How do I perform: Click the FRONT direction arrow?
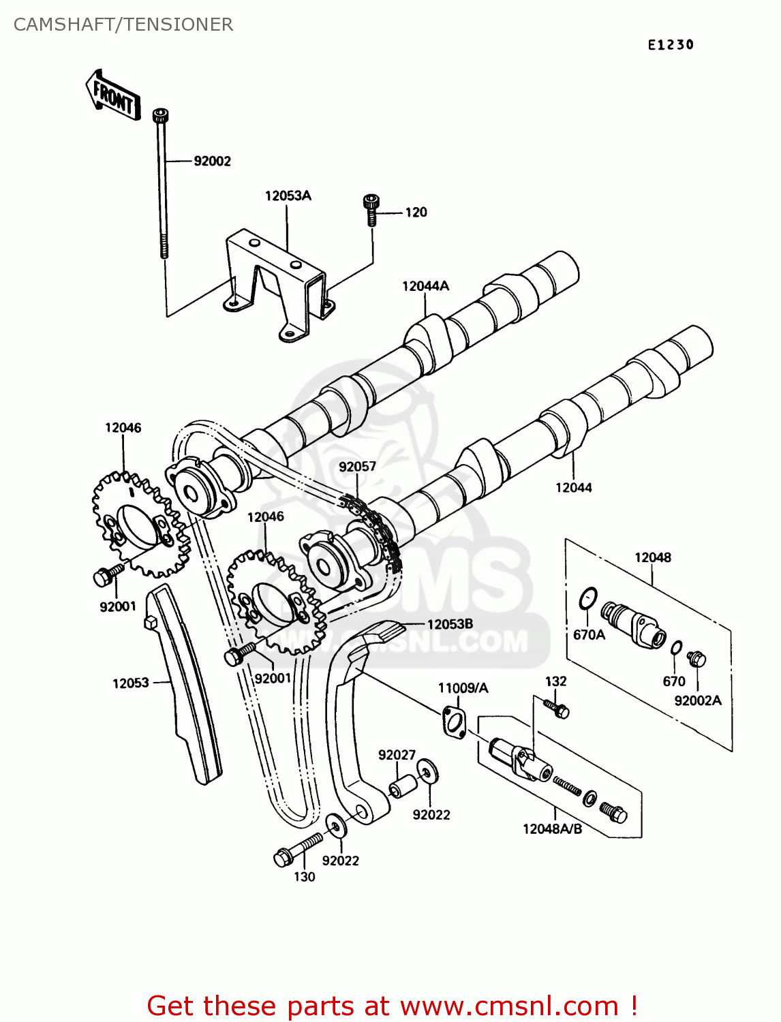pyautogui.click(x=113, y=96)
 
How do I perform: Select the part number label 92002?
pyautogui.click(x=212, y=161)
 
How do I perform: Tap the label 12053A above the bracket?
pyautogui.click(x=288, y=196)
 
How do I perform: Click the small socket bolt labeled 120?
pyautogui.click(x=370, y=209)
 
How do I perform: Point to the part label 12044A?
pyautogui.click(x=425, y=287)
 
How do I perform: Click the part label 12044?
pyautogui.click(x=573, y=488)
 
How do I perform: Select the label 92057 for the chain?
pyautogui.click(x=357, y=467)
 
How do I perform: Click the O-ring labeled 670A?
pyautogui.click(x=588, y=598)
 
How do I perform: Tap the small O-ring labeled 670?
pyautogui.click(x=676, y=647)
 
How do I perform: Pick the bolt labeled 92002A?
pyautogui.click(x=697, y=659)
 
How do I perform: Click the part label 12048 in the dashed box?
pyautogui.click(x=652, y=558)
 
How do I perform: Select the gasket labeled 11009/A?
pyautogui.click(x=453, y=722)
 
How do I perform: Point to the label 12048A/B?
pyautogui.click(x=552, y=829)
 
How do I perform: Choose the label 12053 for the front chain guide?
pyautogui.click(x=130, y=683)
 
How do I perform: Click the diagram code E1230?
pyautogui.click(x=671, y=45)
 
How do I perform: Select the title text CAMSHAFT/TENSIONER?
pyautogui.click(x=123, y=25)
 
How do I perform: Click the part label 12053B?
pyautogui.click(x=450, y=624)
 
